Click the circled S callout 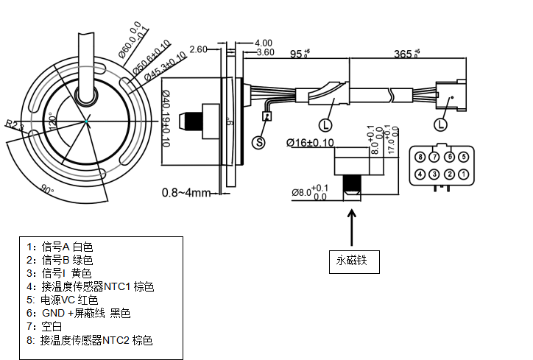pos(260,143)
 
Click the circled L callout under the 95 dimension pos(325,124)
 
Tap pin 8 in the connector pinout pos(420,157)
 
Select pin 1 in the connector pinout pos(463,174)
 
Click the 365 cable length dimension pos(406,54)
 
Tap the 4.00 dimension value pos(263,43)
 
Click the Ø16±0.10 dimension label pos(309,142)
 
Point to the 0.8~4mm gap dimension pos(186,193)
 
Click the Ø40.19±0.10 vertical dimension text pos(165,119)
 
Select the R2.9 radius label pos(14,126)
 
